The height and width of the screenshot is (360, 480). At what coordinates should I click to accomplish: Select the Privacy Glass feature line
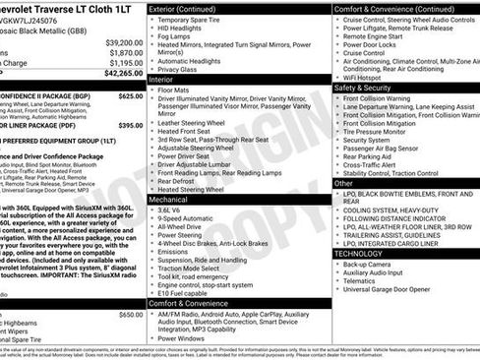177,69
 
